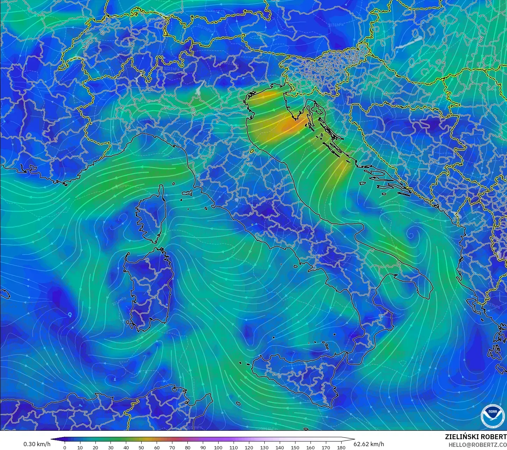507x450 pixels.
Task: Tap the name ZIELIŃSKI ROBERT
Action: (x=476, y=437)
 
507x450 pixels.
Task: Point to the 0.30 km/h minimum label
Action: (x=37, y=444)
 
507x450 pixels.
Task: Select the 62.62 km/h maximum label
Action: (x=369, y=444)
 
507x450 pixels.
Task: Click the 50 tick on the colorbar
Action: (x=141, y=447)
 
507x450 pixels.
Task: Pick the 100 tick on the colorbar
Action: (x=218, y=447)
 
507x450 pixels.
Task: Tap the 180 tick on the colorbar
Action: (x=341, y=447)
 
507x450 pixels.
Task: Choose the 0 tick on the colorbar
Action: (x=65, y=447)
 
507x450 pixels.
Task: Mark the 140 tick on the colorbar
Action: (x=279, y=447)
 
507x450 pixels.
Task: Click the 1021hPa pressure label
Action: (x=171, y=69)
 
